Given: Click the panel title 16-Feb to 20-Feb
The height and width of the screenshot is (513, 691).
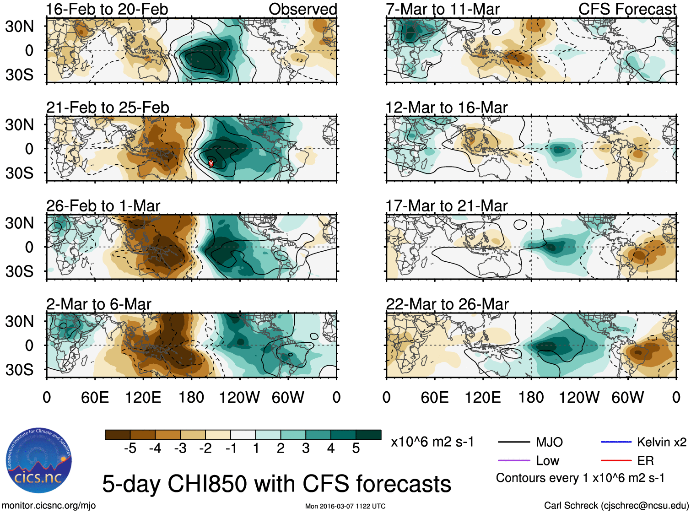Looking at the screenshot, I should (107, 9).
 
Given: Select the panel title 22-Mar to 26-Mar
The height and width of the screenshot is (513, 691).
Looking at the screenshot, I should (447, 304).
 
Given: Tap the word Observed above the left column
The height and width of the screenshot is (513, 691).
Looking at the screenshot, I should (302, 9).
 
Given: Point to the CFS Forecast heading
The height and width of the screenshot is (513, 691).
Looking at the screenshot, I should (627, 9).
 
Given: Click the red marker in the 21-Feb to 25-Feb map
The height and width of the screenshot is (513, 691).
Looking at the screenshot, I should (211, 163).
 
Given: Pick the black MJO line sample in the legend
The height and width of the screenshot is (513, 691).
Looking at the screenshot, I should (513, 442).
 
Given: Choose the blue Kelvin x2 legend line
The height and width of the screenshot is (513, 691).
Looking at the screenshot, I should (616, 442).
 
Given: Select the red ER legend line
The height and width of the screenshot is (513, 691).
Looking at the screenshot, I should (616, 460).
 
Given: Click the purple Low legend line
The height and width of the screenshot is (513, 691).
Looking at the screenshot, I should (513, 460).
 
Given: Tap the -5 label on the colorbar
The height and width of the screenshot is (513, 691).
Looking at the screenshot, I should (130, 448).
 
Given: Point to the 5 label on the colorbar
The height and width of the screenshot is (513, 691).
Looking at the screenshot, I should (356, 448).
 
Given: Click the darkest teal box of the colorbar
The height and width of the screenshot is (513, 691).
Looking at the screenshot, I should (368, 435).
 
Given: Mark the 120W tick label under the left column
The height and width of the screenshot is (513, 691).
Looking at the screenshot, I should (239, 397).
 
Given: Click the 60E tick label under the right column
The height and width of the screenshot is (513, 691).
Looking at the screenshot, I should (434, 397).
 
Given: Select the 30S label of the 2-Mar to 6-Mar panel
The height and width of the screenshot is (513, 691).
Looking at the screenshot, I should (19, 369).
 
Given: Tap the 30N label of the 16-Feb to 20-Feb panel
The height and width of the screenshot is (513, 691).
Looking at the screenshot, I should (19, 27).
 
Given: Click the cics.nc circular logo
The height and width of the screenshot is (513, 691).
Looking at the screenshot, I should (39, 460).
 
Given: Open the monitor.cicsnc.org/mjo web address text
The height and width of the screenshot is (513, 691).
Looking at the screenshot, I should (49, 505).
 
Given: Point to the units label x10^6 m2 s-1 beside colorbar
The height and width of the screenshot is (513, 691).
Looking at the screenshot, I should (432, 442).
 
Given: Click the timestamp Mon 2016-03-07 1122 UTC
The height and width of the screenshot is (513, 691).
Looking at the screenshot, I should (345, 506).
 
